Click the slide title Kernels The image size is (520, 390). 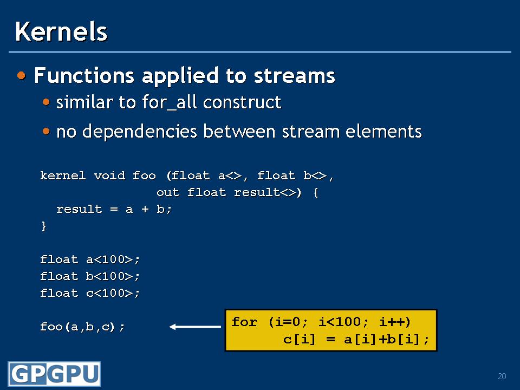61,31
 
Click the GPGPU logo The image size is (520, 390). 54,374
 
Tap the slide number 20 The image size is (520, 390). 502,376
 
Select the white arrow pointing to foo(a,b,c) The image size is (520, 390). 195,327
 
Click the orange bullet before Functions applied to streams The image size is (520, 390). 22,75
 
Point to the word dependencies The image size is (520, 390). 140,131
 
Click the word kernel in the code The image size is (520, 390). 63,175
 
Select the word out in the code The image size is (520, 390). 168,192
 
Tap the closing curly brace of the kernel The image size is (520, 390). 43,226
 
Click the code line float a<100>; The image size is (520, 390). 90,259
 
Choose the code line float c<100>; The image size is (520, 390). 90,293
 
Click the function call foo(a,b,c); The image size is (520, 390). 82,327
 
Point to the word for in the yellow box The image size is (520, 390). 244,322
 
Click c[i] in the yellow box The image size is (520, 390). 299,339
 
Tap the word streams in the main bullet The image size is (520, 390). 295,76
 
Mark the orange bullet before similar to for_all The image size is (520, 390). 46,102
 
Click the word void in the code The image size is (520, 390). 110,175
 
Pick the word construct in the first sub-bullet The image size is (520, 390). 242,102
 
